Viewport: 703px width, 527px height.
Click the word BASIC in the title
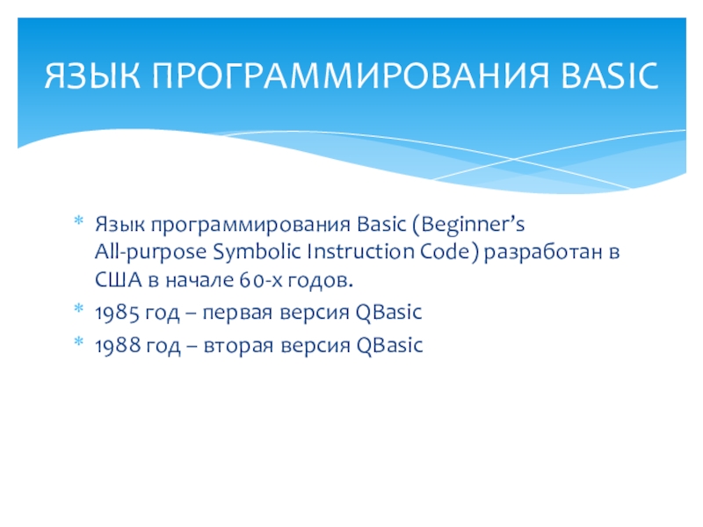click(609, 76)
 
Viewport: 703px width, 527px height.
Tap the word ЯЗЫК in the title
click(92, 76)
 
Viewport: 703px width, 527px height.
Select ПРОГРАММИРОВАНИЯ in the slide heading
click(350, 76)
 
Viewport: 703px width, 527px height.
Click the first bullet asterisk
click(79, 220)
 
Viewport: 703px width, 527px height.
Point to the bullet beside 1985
click(79, 308)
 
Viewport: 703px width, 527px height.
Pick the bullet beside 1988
click(79, 342)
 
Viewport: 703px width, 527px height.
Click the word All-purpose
click(150, 253)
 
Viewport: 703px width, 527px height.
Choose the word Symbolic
click(257, 253)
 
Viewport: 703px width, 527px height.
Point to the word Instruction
click(361, 252)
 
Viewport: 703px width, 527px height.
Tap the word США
click(119, 280)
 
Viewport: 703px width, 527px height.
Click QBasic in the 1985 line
click(388, 313)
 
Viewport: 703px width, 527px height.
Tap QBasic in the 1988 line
click(389, 345)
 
